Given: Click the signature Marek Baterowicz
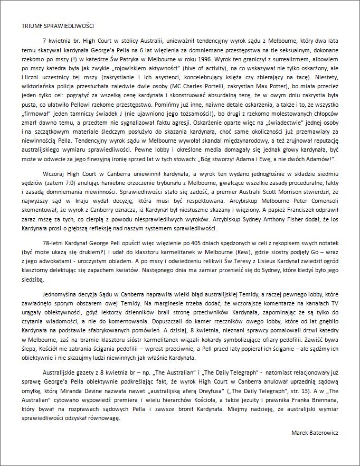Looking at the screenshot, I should click(x=315, y=433).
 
